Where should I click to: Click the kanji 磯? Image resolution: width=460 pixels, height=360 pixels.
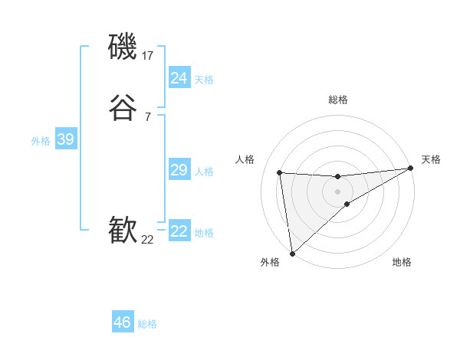tap(123, 47)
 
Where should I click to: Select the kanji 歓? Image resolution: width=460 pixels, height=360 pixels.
tap(123, 229)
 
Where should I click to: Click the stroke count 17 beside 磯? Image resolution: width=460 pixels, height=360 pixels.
tap(148, 56)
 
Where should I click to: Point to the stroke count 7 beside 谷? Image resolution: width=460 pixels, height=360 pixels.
tap(147, 116)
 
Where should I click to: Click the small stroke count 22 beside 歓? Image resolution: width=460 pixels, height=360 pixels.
tap(148, 239)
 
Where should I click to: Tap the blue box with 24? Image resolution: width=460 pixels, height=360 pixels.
tap(179, 77)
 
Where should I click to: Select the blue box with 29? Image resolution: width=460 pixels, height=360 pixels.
tap(179, 170)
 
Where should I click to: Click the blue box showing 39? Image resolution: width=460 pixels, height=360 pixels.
tap(65, 139)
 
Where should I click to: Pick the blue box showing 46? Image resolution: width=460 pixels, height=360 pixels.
tap(123, 322)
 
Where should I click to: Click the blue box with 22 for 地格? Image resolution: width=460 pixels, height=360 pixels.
tap(179, 231)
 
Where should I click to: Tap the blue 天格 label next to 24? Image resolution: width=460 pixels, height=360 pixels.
tap(204, 79)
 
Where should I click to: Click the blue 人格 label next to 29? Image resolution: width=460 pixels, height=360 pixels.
tap(204, 172)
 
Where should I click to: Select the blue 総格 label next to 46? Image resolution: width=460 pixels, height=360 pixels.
tap(147, 324)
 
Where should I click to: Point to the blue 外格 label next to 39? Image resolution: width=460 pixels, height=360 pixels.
tap(41, 141)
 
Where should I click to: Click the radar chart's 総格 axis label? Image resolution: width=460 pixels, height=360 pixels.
tap(338, 100)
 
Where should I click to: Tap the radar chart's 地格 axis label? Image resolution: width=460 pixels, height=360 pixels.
tap(402, 262)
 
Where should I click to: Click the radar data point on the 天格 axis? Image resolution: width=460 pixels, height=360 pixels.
tap(410, 169)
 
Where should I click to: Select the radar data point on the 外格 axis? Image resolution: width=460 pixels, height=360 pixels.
tap(292, 253)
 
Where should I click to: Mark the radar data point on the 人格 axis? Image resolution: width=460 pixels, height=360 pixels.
tap(280, 172)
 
